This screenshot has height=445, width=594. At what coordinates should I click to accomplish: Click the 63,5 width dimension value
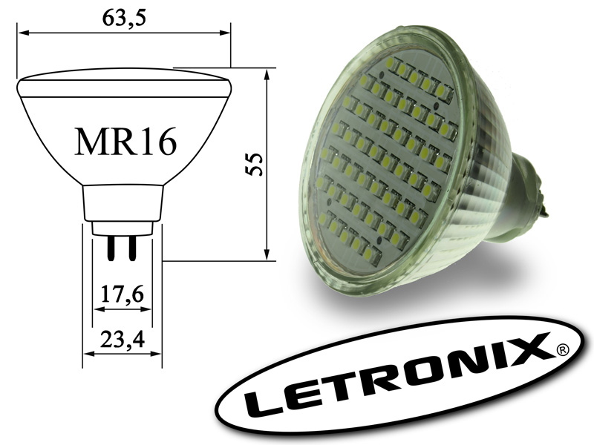124,18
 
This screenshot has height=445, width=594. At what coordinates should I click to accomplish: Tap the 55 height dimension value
254,164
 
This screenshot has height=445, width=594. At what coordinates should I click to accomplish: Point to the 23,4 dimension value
123,340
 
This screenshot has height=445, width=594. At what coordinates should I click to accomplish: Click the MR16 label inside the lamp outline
126,142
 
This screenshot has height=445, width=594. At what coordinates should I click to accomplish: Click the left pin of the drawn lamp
111,248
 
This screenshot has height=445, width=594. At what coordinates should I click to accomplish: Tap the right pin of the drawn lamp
132,248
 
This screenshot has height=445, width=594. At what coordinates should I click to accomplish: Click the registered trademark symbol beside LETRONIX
562,350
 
